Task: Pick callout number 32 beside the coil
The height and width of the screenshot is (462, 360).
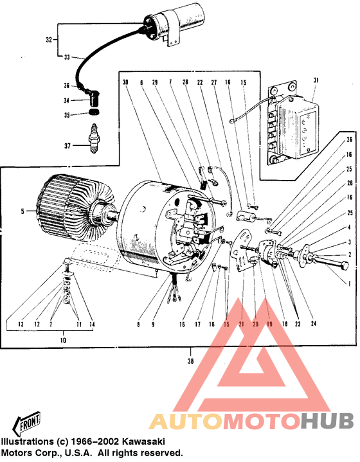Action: point(48,40)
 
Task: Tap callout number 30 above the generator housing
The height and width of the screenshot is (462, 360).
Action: point(126,82)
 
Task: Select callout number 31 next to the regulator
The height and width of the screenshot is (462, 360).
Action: point(316,80)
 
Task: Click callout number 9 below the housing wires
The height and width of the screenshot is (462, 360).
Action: point(153,325)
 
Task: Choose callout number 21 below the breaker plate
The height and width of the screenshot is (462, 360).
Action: point(242,325)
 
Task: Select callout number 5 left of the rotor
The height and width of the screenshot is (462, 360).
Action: point(22,211)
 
